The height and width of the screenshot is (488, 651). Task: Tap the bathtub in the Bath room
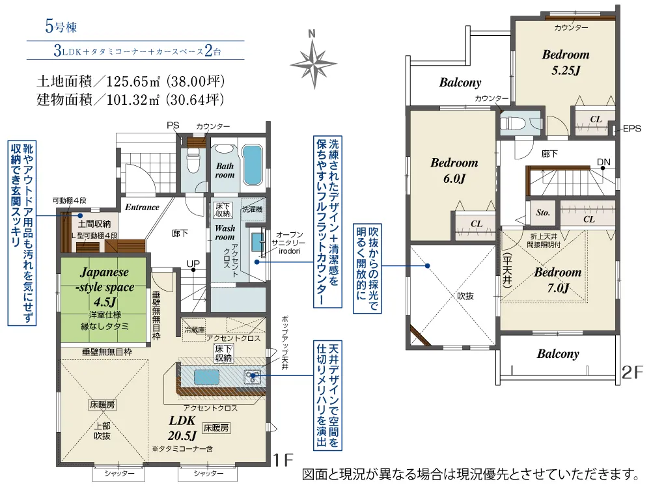[x=253, y=165]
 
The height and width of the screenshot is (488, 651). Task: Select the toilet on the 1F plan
[x=193, y=160]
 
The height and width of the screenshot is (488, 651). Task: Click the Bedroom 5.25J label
[x=566, y=62]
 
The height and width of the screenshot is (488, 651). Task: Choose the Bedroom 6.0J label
[x=454, y=170]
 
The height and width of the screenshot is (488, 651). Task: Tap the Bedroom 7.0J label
[x=558, y=280]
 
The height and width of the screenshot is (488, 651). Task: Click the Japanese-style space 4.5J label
[x=105, y=287]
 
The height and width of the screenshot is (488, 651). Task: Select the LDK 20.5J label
[x=182, y=427]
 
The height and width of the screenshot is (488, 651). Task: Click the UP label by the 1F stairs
[x=193, y=264]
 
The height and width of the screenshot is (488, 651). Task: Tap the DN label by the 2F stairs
[x=603, y=162]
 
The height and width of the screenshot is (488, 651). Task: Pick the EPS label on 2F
[x=632, y=129]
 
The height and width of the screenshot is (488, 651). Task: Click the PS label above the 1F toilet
[x=173, y=125]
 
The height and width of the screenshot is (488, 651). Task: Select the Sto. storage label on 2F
[x=543, y=213]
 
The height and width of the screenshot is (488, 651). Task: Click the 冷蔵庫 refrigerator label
[x=195, y=330]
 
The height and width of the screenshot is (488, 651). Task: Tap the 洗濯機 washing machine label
[x=253, y=209]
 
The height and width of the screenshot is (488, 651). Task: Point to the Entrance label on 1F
[x=142, y=207]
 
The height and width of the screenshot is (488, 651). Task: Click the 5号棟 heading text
[x=61, y=27]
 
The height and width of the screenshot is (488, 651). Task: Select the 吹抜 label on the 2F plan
[x=465, y=296]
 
